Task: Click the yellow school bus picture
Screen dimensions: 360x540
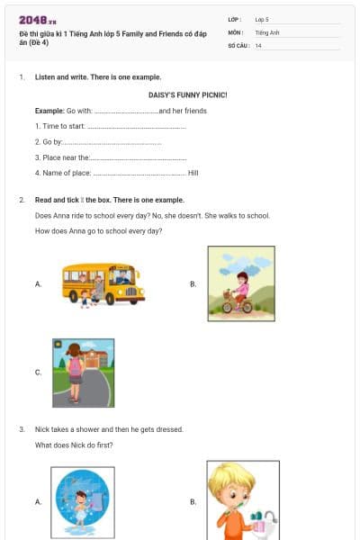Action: pos(99,284)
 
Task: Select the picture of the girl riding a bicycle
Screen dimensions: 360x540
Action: pos(240,284)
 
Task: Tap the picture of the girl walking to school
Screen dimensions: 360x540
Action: pos(83,372)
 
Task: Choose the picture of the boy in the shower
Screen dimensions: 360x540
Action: pos(81,501)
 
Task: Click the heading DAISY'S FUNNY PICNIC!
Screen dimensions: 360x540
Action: pos(187,94)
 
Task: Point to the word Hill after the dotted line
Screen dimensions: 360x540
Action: pos(193,172)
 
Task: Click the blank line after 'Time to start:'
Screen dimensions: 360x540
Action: pos(136,126)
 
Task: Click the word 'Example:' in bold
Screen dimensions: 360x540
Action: pos(49,111)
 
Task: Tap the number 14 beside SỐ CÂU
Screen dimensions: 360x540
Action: pos(258,45)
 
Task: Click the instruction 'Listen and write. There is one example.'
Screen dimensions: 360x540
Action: pos(98,78)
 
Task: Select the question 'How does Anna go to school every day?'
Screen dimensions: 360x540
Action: pos(98,231)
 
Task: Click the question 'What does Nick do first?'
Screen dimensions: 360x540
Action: pos(74,445)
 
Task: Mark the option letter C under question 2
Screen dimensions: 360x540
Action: pos(38,372)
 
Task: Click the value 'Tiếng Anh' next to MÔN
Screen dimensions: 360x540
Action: pos(267,31)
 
